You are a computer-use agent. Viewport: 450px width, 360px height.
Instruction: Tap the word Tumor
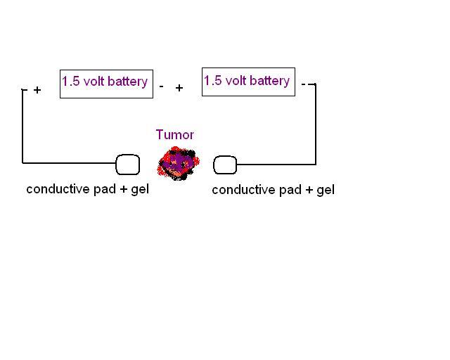click(175, 134)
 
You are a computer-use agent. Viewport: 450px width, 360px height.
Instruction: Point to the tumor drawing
click(178, 163)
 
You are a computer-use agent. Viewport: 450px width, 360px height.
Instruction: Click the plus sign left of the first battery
click(37, 90)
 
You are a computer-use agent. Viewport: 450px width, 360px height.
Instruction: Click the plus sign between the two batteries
click(179, 88)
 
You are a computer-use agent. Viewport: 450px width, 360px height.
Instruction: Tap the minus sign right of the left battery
click(162, 86)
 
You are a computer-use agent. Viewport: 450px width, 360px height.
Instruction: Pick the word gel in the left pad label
click(140, 189)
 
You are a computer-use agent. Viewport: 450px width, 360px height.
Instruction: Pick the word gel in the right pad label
click(326, 191)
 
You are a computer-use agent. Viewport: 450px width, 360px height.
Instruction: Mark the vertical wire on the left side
click(22, 127)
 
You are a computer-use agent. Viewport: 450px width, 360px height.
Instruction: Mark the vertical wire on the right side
click(316, 124)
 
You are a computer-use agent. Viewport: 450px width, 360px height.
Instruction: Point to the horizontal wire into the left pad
click(69, 163)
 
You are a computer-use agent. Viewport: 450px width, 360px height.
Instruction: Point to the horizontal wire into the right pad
click(276, 165)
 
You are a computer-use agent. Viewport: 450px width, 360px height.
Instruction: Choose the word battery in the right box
click(269, 81)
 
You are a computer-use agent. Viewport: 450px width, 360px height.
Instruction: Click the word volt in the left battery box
click(94, 82)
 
